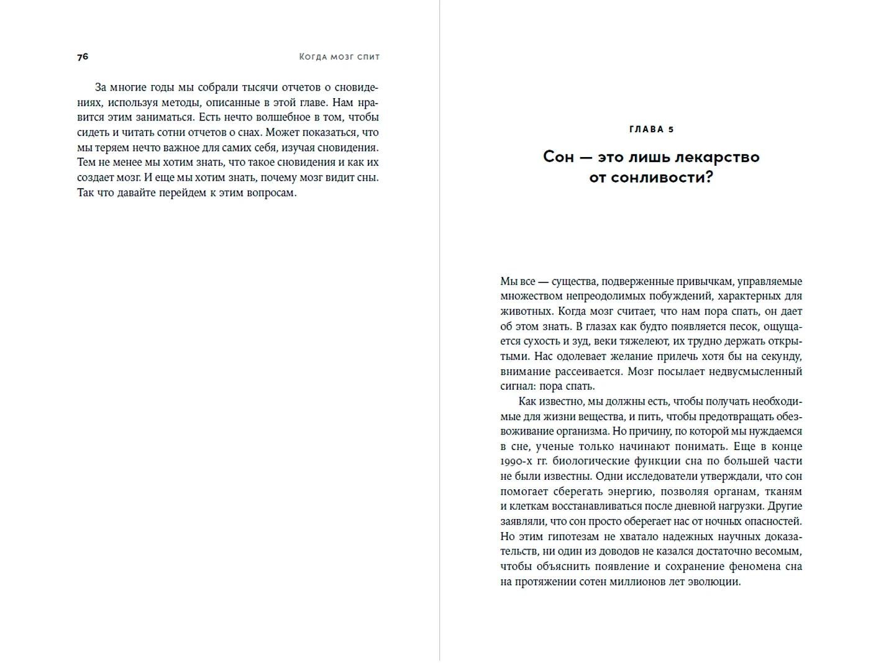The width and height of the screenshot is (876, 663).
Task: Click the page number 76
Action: pos(83,56)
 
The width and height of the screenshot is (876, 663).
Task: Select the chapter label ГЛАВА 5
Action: pos(651,129)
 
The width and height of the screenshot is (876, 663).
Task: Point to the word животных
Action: pos(525,311)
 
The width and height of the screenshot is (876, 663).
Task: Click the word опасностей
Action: pos(770,521)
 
